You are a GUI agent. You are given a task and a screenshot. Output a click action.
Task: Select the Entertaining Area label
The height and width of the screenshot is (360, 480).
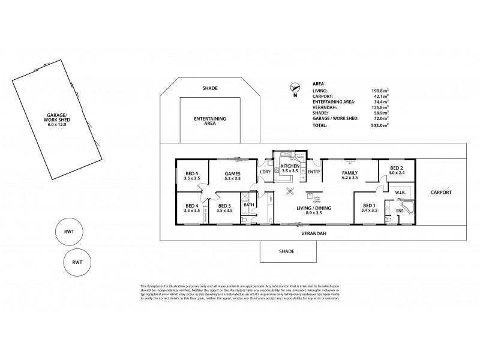click(x=210, y=122)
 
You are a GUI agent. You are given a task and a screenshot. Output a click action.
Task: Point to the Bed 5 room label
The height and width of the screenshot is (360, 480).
click(x=192, y=176)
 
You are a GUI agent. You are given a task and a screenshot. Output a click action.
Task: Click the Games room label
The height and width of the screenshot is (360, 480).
click(x=232, y=176)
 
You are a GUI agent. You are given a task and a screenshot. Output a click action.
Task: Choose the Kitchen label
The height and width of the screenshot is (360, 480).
click(x=290, y=168)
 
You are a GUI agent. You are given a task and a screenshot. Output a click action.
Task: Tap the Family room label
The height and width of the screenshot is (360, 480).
click(x=350, y=175)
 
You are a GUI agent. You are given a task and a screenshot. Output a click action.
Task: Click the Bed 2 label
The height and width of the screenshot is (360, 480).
click(x=396, y=171)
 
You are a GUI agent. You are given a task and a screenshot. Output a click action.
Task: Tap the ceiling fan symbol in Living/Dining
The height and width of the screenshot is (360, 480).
click(x=291, y=192)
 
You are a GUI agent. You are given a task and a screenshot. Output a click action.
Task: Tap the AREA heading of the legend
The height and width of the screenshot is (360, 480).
click(x=319, y=83)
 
